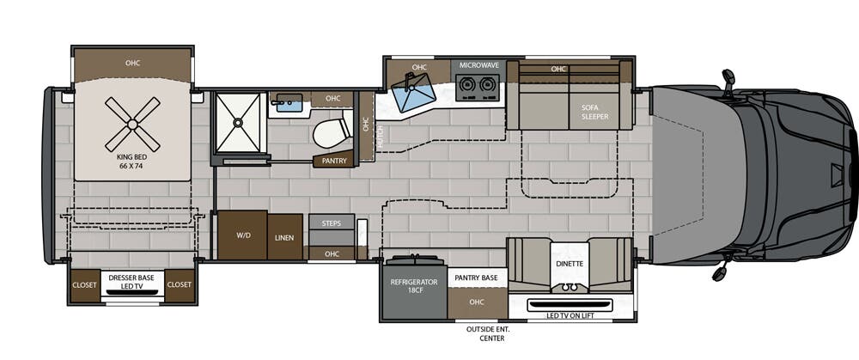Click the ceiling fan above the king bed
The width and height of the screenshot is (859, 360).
point(132,124)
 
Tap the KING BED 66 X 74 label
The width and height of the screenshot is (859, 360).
point(132,162)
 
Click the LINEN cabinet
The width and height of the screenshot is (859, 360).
point(284,237)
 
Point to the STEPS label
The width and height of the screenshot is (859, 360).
point(332,223)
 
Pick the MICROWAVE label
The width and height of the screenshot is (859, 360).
point(478,65)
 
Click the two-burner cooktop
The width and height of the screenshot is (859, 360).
point(478,85)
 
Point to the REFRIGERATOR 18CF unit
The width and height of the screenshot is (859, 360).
point(414,287)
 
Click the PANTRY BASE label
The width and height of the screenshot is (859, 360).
point(477,278)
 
